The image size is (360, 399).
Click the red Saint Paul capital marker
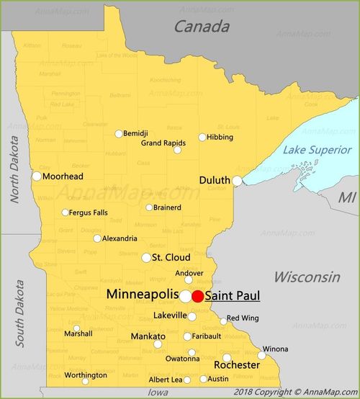[197, 296]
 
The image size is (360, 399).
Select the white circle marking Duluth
[237, 181]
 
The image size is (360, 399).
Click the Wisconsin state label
[307, 277]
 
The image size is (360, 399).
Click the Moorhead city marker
[37, 176]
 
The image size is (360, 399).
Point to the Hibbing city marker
[202, 137]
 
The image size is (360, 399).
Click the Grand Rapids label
[162, 143]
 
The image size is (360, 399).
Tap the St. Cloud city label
[171, 257]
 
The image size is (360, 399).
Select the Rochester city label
[237, 365]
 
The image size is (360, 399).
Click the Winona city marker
[262, 355]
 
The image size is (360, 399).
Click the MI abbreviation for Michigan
[348, 197]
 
